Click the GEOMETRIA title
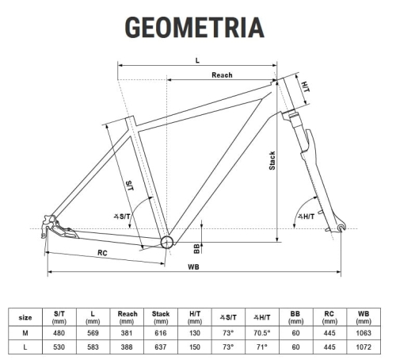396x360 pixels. [x=194, y=27]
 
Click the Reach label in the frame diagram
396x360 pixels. [x=222, y=75]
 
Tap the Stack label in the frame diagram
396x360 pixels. [x=272, y=161]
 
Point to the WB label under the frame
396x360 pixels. [x=193, y=267]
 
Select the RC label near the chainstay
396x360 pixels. [x=102, y=253]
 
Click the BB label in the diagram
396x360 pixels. [x=196, y=249]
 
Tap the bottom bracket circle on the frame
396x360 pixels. [x=167, y=242]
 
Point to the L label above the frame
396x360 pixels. [x=197, y=60]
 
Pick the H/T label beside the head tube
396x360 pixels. [x=306, y=86]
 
